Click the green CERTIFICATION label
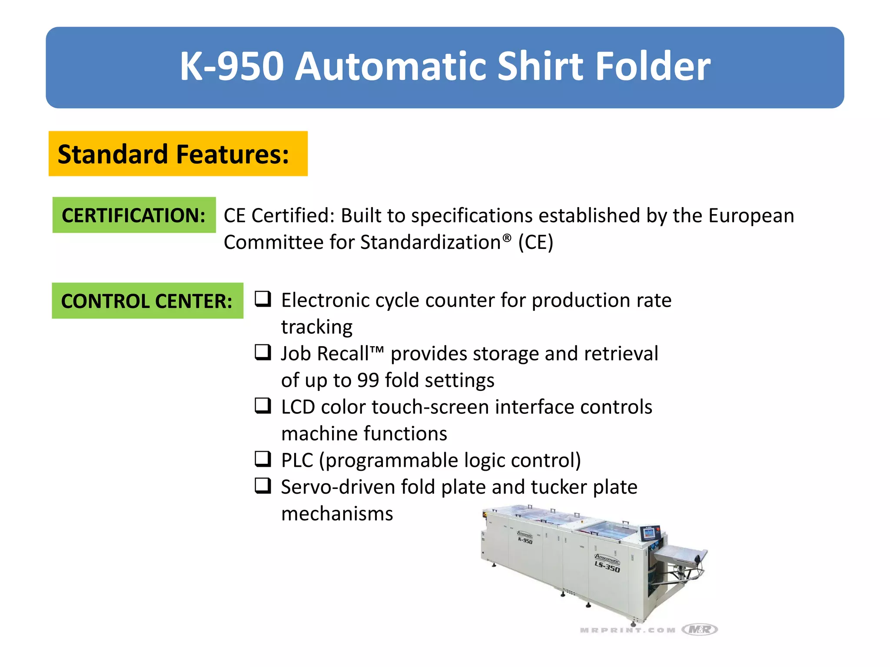[134, 215]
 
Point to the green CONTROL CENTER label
[147, 301]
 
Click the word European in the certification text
[751, 216]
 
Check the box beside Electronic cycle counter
[263, 299]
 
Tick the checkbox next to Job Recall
[263, 352]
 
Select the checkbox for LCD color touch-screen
[263, 406]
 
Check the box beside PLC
[263, 459]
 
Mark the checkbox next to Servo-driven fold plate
[263, 485]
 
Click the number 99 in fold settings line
[368, 380]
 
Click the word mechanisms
[337, 514]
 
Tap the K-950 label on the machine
[525, 540]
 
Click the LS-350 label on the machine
[607, 566]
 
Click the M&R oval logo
[700, 629]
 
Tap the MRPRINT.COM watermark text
[628, 630]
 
